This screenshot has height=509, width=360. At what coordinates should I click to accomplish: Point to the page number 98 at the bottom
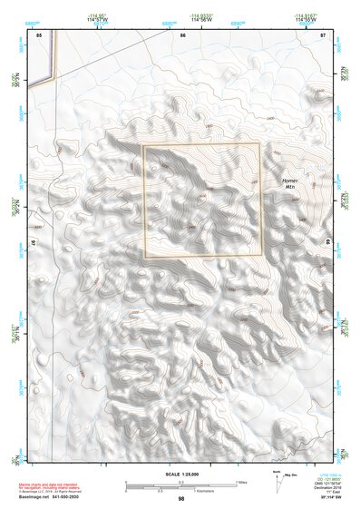coord(181,498)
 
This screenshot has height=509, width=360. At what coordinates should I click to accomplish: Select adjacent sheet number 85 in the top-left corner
coord(39,34)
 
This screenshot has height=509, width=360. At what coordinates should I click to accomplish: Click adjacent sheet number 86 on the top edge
coord(183,34)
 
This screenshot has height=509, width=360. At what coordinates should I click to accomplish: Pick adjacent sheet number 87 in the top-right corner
coord(323,34)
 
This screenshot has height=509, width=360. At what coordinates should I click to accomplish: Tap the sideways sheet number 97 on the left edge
coord(31,243)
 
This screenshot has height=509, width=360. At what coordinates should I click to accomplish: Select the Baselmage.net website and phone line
coord(51,497)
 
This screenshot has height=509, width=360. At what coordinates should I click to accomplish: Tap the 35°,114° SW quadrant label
coord(332,498)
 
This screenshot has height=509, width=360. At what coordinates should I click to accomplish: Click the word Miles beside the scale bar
coord(242,481)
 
